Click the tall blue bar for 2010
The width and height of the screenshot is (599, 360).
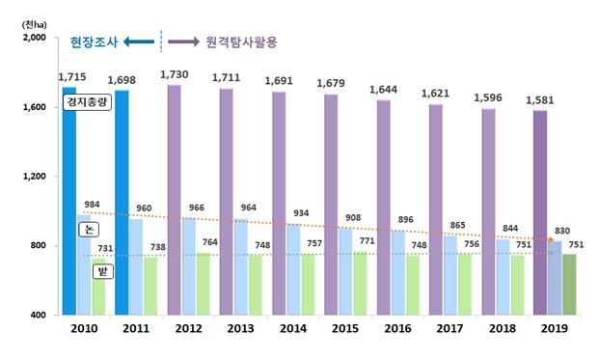tap(69, 201)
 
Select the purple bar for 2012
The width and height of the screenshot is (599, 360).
tap(175, 200)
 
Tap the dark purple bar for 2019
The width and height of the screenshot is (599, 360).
tap(540, 212)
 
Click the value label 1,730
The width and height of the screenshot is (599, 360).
tap(175, 74)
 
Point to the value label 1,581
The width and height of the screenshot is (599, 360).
tap(540, 100)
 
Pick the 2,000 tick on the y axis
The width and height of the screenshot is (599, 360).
tap(35, 38)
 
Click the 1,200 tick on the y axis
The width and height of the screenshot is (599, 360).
tap(35, 177)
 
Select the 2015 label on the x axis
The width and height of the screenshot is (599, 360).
tap(345, 328)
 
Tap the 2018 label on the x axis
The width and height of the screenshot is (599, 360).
tap(503, 328)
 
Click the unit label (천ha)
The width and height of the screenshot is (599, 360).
tap(35, 25)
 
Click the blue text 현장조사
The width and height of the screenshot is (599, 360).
tap(94, 42)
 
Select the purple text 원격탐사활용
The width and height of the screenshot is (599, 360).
tap(241, 42)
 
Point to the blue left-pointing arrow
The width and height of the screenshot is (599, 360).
tap(139, 42)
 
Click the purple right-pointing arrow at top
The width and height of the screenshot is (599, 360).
tap(183, 42)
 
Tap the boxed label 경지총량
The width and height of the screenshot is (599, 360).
tap(87, 102)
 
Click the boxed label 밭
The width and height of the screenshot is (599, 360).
tap(103, 272)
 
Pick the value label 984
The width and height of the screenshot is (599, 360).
tap(92, 205)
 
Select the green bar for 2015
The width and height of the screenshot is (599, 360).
tap(360, 283)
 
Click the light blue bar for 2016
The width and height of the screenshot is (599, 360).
tap(398, 272)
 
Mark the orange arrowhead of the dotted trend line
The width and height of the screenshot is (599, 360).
tap(551, 239)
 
